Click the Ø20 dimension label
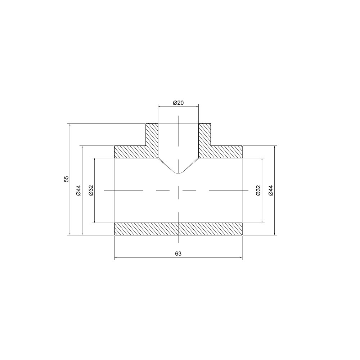[x=178, y=103]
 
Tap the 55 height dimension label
[x=66, y=179]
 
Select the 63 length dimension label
[x=178, y=253]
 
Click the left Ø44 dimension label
[x=78, y=190]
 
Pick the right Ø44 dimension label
[x=271, y=190]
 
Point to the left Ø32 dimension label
[x=91, y=190]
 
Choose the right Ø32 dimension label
[x=258, y=190]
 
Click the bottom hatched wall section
[x=178, y=229]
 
